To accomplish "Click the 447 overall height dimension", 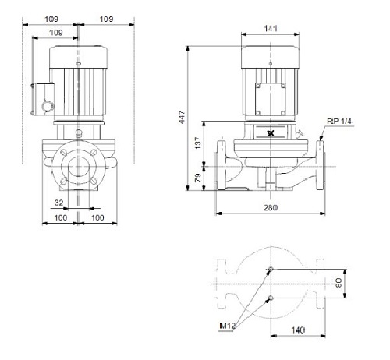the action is (183, 118).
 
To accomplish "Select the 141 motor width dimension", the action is (271, 28).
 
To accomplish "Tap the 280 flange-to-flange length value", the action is (271, 208).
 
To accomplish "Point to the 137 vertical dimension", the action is (198, 143).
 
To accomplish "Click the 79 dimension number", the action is (198, 178).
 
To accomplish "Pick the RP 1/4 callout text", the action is (339, 122).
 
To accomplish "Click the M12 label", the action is (227, 326).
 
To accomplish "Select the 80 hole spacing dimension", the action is (339, 283).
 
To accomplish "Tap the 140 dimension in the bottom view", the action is (298, 330).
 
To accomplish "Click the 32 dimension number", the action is (58, 203).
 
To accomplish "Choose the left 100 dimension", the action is (61, 217).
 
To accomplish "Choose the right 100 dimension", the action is (97, 217).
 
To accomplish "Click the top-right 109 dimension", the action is (106, 19).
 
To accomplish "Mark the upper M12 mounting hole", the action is (271, 269).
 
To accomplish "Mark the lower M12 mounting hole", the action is (271, 298).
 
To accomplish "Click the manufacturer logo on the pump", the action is (271, 133).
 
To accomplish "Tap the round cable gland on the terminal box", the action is (48, 106).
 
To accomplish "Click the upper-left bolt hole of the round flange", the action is (63, 153).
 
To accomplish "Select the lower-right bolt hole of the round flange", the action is (93, 181).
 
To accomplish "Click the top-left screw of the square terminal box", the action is (258, 86).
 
